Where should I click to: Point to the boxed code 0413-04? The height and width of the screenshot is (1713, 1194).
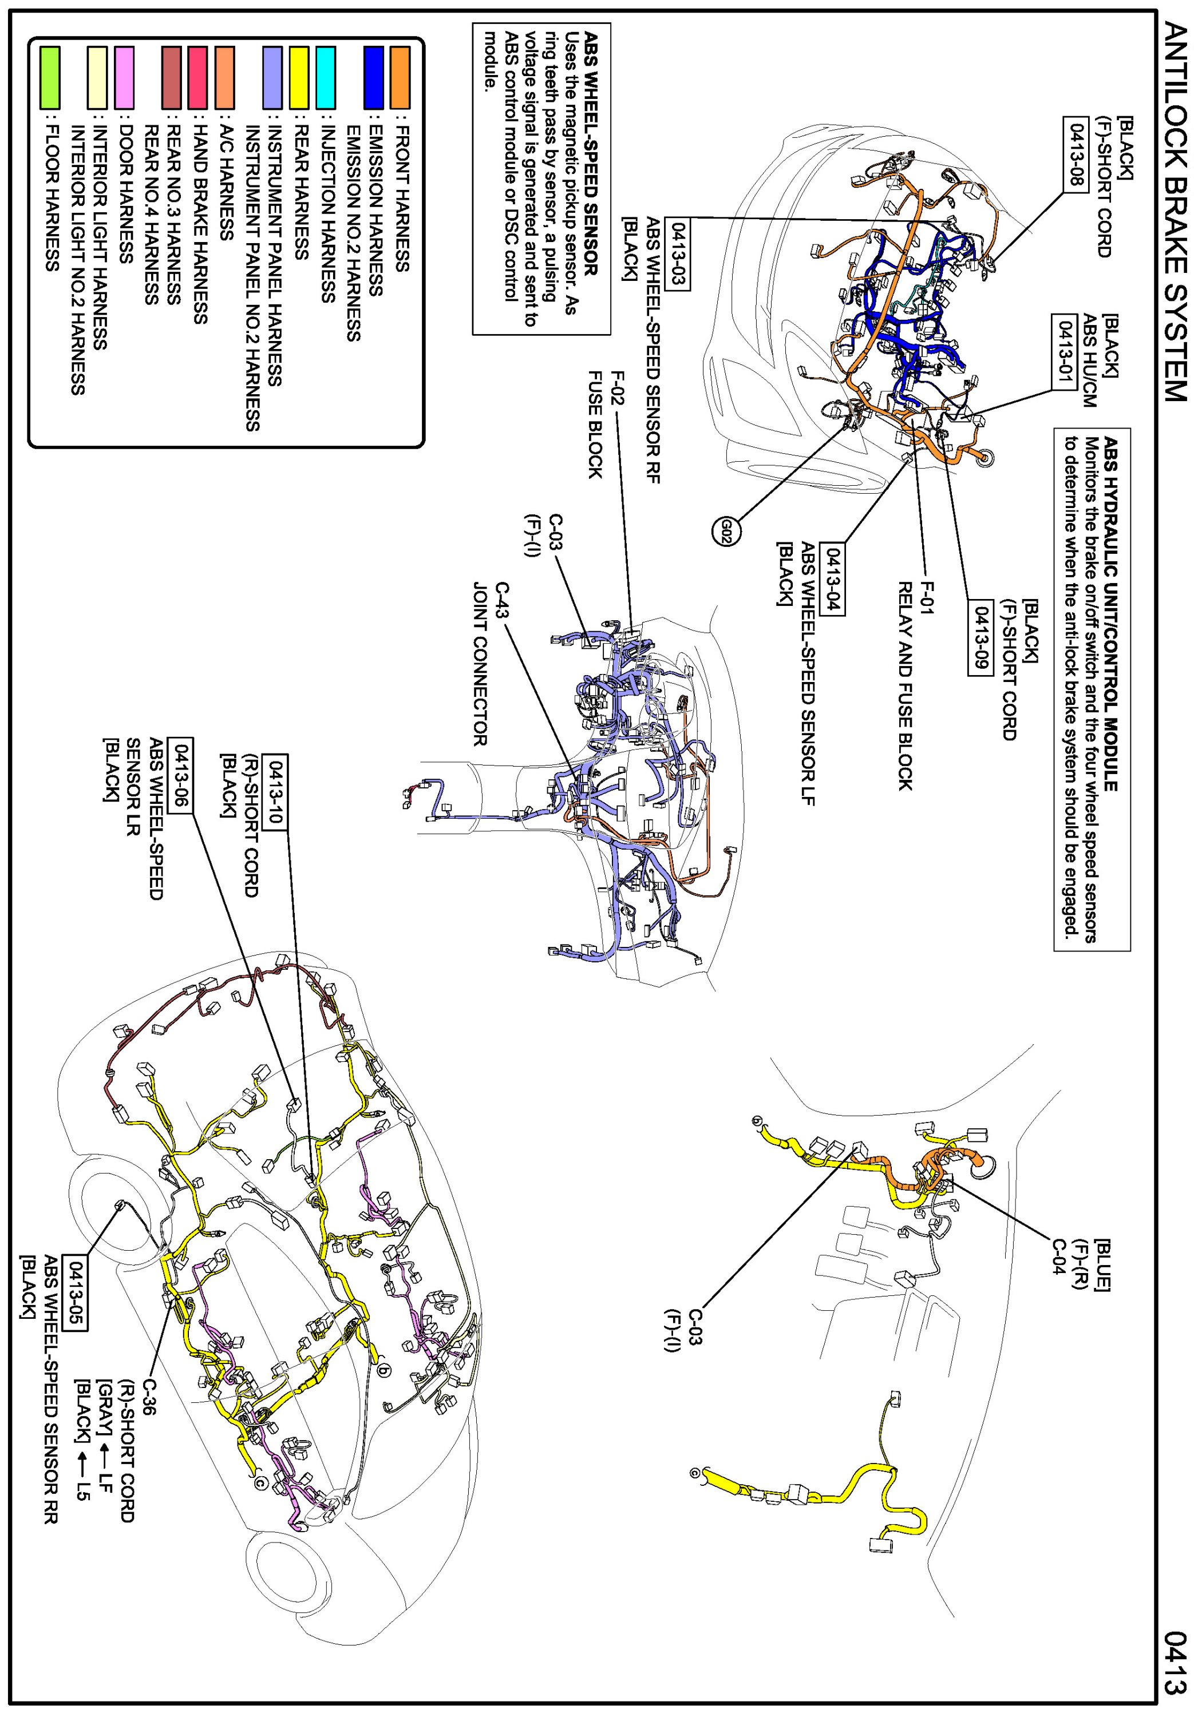[832, 579]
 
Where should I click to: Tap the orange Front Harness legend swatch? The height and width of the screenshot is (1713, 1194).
[400, 78]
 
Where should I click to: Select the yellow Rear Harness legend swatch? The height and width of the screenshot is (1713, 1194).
[299, 78]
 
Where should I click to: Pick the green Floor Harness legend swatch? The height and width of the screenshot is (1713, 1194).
[50, 78]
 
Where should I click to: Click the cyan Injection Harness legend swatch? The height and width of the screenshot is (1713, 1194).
[325, 78]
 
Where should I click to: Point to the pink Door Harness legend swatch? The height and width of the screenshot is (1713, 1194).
[125, 78]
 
